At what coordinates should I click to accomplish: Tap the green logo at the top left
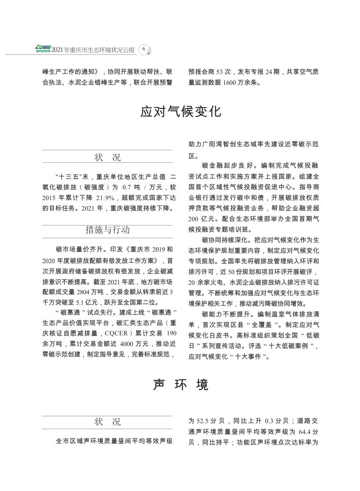point(43,48)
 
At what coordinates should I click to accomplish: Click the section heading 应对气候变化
point(180,112)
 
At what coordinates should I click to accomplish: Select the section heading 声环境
point(180,384)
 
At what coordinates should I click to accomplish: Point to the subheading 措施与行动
point(107,230)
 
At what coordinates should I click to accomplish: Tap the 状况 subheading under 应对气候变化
point(107,157)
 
